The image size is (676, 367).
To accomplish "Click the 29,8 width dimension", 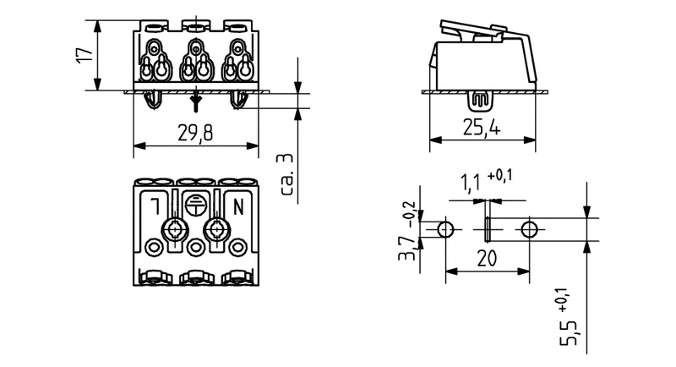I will [x=195, y=134].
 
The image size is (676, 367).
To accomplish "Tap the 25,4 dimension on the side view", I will [x=482, y=129].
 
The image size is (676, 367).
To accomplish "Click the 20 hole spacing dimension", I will [x=486, y=260].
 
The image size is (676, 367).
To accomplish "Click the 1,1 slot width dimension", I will [x=471, y=182].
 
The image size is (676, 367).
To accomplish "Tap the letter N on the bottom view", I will [x=237, y=205].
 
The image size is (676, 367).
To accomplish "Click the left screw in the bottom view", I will [x=176, y=229].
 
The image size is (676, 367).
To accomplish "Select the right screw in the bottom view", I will [x=216, y=229].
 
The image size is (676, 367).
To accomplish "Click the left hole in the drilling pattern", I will [x=445, y=229].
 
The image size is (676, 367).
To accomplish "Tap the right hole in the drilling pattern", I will [x=529, y=229].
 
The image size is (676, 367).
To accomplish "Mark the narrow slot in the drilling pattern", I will [x=488, y=229].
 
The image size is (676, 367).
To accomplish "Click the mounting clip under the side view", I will [x=480, y=101].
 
